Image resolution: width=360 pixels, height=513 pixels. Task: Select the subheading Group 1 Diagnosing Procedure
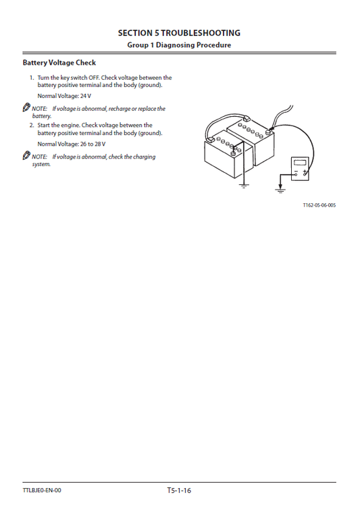179,45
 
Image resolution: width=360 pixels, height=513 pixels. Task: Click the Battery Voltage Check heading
59,63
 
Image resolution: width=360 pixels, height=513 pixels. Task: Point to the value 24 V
83,97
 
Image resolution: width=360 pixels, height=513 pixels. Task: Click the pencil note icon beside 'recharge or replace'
26,108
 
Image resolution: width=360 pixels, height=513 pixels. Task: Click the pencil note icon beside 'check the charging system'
26,156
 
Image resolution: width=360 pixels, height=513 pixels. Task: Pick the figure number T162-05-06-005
319,205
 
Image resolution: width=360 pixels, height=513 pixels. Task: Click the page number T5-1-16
179,490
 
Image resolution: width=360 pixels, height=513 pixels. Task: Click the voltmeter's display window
299,163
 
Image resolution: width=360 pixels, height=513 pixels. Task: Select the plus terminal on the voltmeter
305,174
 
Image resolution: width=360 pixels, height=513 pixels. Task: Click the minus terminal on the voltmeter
294,174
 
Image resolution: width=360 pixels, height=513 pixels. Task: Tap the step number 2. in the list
32,125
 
